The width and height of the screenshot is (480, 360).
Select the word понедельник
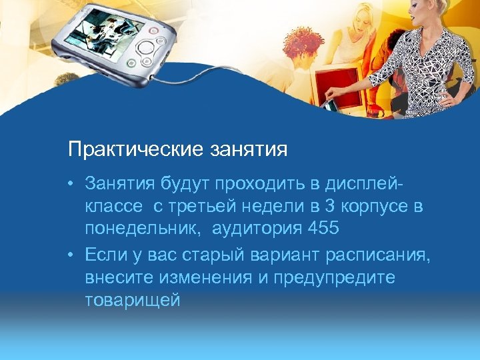click(145, 229)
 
